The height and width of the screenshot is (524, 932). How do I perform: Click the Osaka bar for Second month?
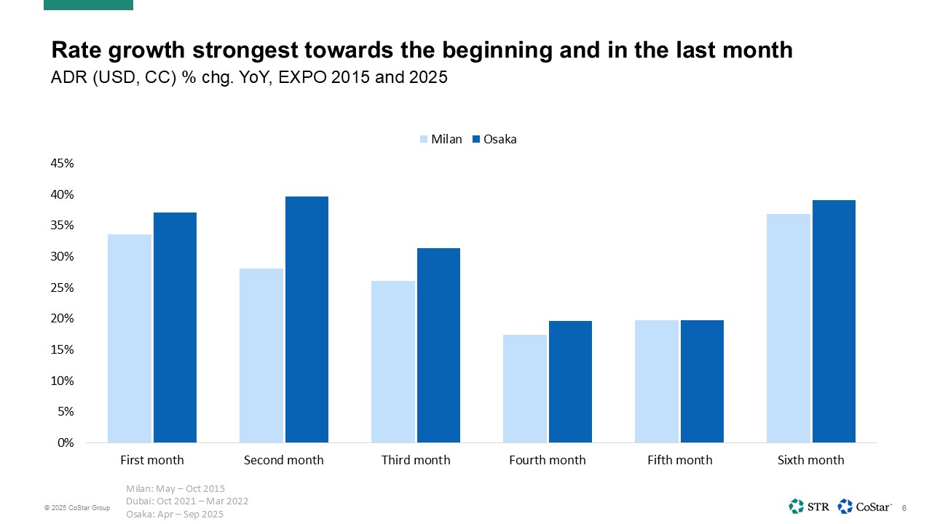(307, 319)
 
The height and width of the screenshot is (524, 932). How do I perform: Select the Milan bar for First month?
(129, 338)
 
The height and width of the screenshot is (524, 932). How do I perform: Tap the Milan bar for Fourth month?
(524, 389)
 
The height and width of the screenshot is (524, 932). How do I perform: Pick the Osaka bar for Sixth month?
(834, 321)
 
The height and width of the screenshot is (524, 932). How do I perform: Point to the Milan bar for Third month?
(393, 362)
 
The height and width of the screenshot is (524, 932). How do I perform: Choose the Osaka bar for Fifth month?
(701, 381)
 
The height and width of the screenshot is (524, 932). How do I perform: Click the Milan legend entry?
(441, 139)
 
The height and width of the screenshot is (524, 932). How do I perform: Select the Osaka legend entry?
(494, 139)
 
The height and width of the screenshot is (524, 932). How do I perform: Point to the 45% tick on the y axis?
(62, 164)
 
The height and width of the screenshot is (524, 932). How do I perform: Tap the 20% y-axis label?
(62, 319)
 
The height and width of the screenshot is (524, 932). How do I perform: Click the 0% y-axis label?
(66, 442)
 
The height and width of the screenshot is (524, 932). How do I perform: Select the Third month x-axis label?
(416, 460)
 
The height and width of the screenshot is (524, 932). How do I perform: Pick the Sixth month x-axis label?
(810, 460)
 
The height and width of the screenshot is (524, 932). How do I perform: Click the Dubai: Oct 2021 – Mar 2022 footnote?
(187, 501)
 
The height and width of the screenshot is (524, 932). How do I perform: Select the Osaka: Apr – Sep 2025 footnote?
(175, 514)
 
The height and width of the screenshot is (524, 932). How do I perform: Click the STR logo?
(808, 506)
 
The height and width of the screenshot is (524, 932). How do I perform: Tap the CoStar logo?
(865, 506)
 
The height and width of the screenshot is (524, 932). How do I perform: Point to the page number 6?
(904, 507)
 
